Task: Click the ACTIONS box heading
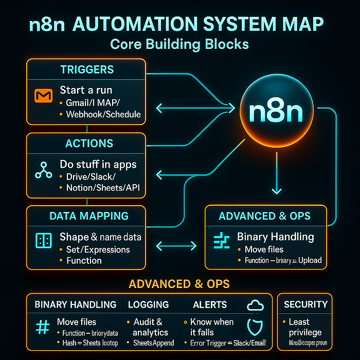coord(86,143)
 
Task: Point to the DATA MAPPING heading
coord(89,216)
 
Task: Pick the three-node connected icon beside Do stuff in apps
coord(42,170)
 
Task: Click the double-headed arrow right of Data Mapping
coord(176,246)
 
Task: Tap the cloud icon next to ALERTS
coord(255,305)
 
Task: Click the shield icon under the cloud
coord(256,328)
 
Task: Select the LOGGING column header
coord(148,305)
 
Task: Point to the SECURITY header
coord(305,305)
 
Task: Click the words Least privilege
coord(305,327)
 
